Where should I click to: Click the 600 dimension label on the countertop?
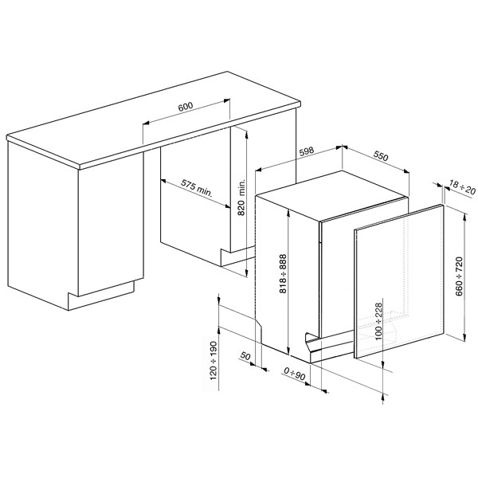[186, 107]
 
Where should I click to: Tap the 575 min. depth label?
[197, 188]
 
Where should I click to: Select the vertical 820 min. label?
[241, 197]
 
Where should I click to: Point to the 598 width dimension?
[306, 151]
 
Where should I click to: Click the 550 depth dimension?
[381, 156]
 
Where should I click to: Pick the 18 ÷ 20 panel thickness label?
[462, 187]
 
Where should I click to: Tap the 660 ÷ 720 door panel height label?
[459, 276]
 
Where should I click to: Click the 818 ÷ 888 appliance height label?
[283, 273]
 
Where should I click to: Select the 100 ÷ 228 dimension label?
[378, 321]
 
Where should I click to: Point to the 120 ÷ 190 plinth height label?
[214, 361]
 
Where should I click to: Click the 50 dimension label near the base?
[245, 356]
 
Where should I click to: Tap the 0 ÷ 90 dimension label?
[295, 374]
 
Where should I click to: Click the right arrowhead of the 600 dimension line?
[226, 100]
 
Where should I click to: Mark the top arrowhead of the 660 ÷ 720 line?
[464, 217]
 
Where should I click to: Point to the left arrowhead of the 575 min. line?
[163, 181]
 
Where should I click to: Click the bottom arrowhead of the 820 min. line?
[246, 274]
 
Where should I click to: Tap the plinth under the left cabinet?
[100, 295]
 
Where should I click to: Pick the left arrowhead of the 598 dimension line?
[259, 170]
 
